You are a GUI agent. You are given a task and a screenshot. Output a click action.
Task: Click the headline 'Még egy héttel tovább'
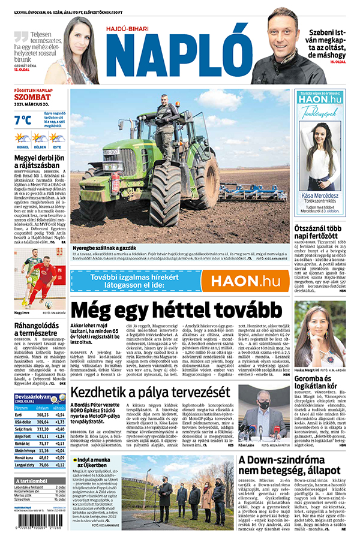pos(176,310)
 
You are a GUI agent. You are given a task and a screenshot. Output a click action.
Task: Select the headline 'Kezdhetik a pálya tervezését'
pos(150,393)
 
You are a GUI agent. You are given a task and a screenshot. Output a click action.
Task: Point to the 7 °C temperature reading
pos(22,121)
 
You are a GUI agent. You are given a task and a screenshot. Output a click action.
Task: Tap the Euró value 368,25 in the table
pos(43,414)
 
